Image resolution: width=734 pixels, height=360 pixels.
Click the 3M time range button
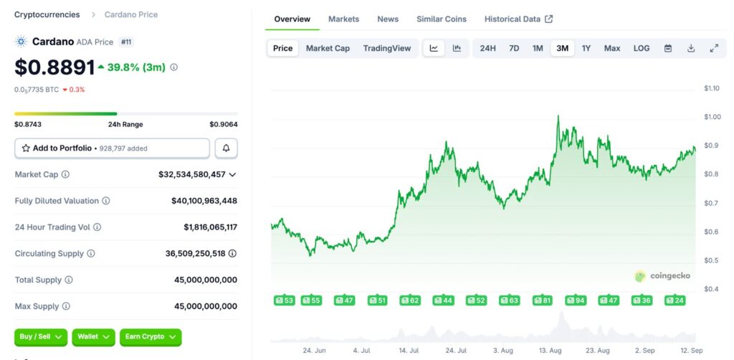[x=562, y=48]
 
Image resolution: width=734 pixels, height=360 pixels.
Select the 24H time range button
[x=487, y=48]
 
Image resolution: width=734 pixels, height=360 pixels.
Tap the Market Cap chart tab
[x=328, y=48]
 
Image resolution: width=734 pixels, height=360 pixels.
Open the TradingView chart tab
[x=387, y=48]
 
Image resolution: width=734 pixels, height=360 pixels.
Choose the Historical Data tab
[x=518, y=19]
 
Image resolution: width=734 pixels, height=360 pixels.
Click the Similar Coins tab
[x=441, y=19]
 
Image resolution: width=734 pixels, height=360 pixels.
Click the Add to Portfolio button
[x=112, y=148]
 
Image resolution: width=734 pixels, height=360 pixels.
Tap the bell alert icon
[x=227, y=148]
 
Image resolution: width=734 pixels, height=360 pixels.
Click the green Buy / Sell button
[x=41, y=336]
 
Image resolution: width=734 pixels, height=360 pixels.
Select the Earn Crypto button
[x=151, y=336]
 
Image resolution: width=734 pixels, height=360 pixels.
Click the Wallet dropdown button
[x=95, y=336]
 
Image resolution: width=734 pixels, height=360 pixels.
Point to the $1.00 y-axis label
[x=712, y=117]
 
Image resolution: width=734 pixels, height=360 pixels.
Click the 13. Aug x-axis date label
[x=550, y=350]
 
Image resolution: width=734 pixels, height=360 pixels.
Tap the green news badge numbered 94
[x=576, y=300]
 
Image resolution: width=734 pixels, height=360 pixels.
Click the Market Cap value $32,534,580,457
[x=192, y=174]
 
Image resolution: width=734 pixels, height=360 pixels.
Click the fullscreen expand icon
[x=714, y=48]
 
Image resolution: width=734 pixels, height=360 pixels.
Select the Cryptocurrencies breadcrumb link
[x=47, y=14]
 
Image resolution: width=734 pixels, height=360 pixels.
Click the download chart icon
[x=691, y=48]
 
